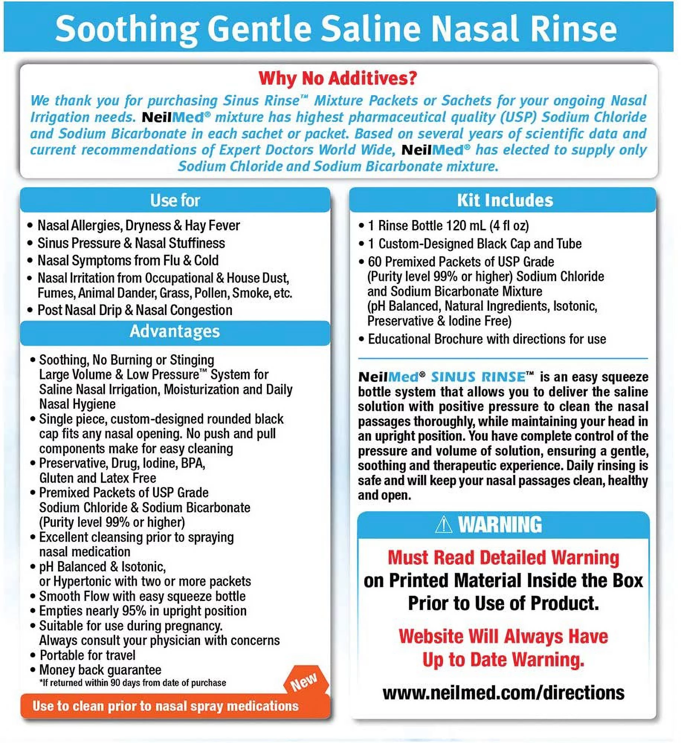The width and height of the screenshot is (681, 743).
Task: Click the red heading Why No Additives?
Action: click(338, 78)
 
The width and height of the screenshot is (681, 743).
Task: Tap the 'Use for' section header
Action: click(175, 200)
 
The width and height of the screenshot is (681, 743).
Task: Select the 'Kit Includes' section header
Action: click(504, 200)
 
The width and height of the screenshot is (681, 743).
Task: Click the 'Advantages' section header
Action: click(175, 331)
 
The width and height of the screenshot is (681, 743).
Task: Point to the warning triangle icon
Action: click(443, 525)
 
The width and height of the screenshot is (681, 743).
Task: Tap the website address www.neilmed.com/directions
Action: click(503, 693)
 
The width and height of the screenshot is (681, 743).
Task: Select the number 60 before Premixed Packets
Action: click(375, 262)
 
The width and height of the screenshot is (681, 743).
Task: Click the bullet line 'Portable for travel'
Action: click(87, 655)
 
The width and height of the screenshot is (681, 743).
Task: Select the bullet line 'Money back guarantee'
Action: click(100, 670)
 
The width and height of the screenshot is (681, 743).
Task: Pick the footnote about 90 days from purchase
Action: click(133, 683)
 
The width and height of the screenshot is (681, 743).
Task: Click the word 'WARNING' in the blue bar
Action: click(500, 525)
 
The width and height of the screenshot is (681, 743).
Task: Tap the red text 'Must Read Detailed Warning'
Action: click(503, 558)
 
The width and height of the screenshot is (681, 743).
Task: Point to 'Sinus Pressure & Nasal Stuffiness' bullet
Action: click(131, 243)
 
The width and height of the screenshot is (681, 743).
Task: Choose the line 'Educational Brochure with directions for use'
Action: click(487, 339)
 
